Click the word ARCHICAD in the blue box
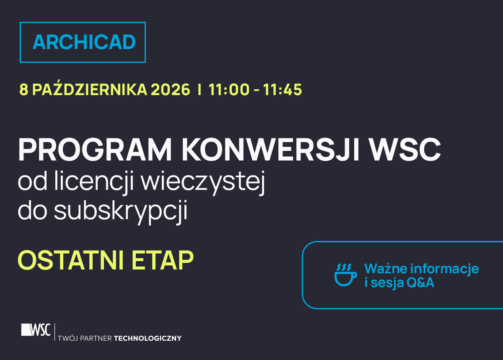point(84,42)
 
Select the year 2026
point(171,90)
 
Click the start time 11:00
point(229,90)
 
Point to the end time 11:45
point(283,90)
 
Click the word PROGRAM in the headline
point(95,150)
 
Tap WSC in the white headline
point(405,150)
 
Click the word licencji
point(94,182)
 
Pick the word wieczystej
point(203,182)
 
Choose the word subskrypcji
point(121,212)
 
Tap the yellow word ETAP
point(163,260)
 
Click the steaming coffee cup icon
point(345,275)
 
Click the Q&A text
point(420,283)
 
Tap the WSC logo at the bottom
point(36,330)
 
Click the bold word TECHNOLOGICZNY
point(148,339)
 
